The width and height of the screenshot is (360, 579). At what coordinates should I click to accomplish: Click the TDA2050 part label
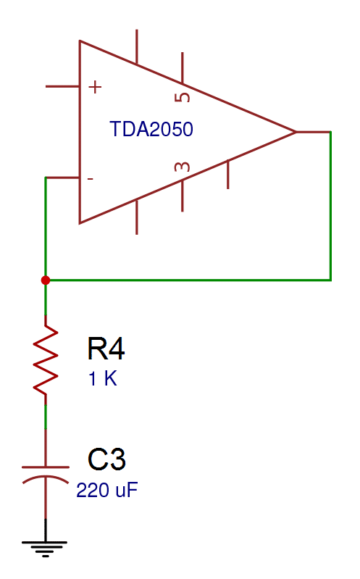tap(151, 129)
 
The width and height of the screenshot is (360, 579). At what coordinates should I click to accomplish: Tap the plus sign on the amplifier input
tap(95, 87)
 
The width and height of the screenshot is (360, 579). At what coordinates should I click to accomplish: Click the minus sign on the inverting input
tap(90, 179)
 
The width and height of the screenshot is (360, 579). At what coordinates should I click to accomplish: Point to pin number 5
tap(183, 97)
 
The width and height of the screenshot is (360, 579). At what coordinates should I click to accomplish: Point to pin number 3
tap(183, 167)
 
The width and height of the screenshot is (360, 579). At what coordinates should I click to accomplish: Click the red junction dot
tap(46, 280)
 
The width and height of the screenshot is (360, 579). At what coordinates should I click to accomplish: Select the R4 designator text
tap(106, 349)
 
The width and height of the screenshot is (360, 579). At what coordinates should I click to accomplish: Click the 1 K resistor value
tap(103, 379)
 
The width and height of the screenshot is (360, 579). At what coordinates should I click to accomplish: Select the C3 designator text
tap(106, 459)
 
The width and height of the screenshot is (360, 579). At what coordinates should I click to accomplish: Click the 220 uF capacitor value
tap(107, 491)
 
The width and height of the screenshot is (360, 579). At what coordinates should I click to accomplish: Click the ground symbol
tap(45, 549)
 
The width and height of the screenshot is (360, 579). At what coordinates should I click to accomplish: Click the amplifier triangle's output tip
tap(296, 132)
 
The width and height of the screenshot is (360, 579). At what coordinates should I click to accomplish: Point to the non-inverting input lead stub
tap(62, 86)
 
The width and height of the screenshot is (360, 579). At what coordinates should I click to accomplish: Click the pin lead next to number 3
tap(183, 196)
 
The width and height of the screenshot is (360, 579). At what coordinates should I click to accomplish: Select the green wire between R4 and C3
tap(46, 417)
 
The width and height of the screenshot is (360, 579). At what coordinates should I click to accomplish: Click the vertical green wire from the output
tap(330, 206)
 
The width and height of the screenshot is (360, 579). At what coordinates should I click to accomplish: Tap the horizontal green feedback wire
tap(188, 280)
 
